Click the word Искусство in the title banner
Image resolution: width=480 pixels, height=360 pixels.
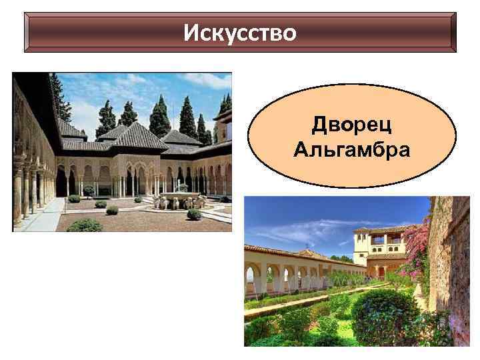point(240,31)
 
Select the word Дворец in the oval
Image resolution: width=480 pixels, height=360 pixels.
point(351,127)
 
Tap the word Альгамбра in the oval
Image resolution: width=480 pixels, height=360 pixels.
point(351,149)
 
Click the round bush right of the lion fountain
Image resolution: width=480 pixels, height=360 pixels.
point(194,214)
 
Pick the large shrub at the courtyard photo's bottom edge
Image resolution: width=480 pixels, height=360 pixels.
point(85,225)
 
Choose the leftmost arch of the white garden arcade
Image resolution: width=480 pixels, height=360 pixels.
point(254,277)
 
